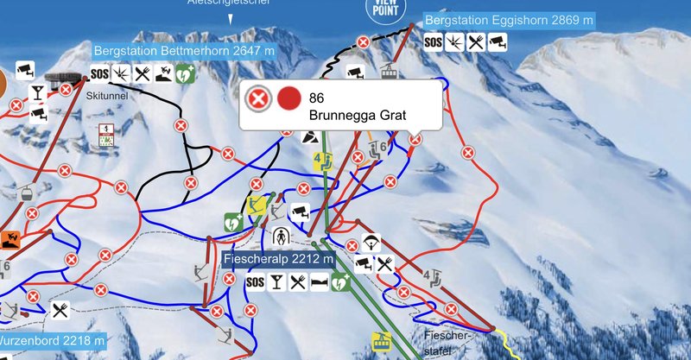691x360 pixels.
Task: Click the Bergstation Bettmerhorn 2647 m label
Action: point(184,51)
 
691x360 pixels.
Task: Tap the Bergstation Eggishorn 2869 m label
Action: point(509,19)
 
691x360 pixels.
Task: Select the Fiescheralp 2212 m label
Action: point(277,259)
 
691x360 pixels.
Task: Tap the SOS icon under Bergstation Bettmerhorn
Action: point(101,75)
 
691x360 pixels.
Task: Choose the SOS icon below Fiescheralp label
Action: point(255,281)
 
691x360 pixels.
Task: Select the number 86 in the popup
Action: point(316,98)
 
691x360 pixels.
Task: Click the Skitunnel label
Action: point(107,97)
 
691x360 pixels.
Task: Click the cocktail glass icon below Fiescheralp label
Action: point(276,281)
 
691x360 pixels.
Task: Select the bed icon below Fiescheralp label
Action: point(320,281)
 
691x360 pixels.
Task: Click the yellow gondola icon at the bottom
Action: point(378,343)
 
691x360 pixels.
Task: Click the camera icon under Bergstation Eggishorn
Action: point(497,41)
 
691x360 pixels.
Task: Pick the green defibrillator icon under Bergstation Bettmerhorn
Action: point(184,75)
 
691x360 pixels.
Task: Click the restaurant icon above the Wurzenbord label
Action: point(60,310)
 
